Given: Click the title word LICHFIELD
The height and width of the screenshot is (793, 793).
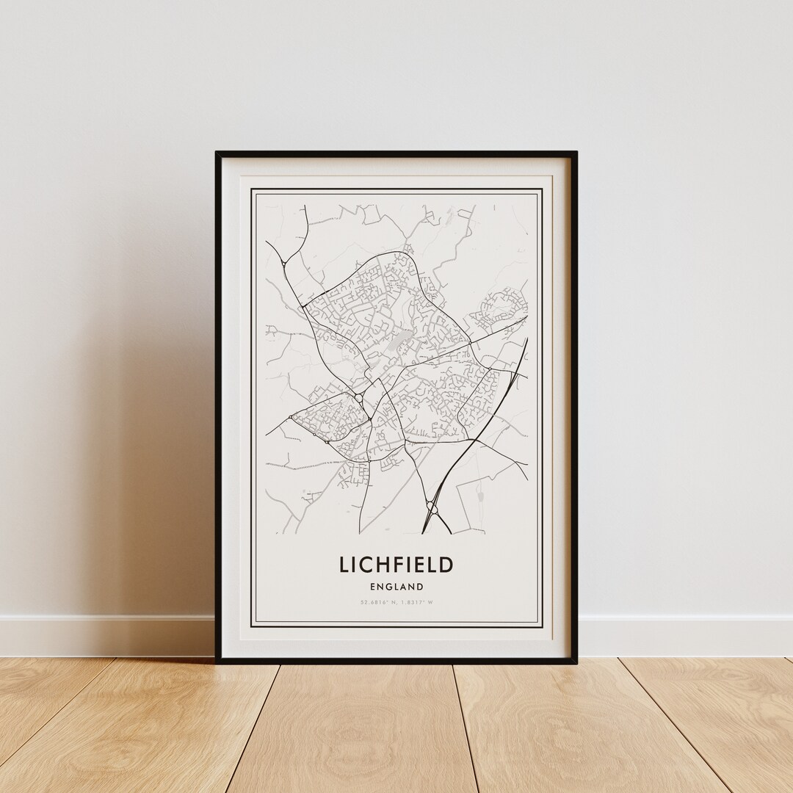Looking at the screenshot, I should click(x=396, y=565).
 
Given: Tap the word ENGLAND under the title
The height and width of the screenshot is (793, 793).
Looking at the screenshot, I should click(x=396, y=587).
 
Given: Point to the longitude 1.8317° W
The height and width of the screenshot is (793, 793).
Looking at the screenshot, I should click(x=416, y=603).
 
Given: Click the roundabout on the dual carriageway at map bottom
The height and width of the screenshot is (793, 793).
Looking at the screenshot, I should click(x=430, y=504).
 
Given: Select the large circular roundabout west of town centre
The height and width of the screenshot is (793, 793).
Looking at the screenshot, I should click(x=358, y=397).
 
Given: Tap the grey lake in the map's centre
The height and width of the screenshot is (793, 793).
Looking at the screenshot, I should click(x=398, y=341).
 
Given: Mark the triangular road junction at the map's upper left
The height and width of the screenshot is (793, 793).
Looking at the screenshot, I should click(x=286, y=262).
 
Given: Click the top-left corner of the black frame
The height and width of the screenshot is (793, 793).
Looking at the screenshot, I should click(x=217, y=153).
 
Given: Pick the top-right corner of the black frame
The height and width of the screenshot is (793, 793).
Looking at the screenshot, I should click(x=576, y=153).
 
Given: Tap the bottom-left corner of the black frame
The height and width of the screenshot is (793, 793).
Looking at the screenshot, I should click(x=217, y=661).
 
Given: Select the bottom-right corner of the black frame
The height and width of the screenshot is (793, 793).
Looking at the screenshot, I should click(x=576, y=661).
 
